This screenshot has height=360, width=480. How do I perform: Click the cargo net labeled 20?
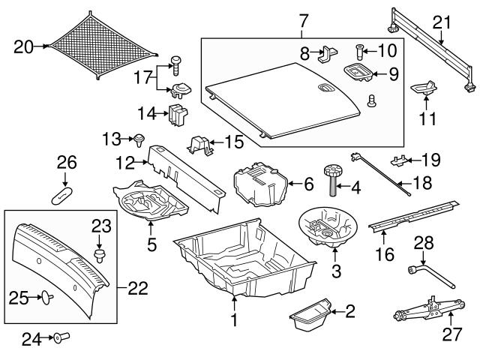(103, 46)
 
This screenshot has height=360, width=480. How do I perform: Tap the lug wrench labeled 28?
(431, 277)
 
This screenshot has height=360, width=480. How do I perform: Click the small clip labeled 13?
(139, 140)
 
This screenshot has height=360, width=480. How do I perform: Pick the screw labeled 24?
(61, 337)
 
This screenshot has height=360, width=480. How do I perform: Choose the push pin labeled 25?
(47, 297)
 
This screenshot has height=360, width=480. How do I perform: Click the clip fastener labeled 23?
(98, 256)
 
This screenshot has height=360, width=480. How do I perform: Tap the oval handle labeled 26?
(61, 196)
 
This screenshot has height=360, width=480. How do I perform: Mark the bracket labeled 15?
(200, 145)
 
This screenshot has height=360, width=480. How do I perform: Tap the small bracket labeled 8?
(328, 54)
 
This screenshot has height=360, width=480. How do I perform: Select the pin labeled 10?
(358, 52)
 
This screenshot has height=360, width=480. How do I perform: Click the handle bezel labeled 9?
(358, 73)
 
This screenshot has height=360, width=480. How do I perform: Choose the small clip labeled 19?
(399, 160)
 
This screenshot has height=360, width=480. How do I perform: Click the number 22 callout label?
(138, 288)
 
